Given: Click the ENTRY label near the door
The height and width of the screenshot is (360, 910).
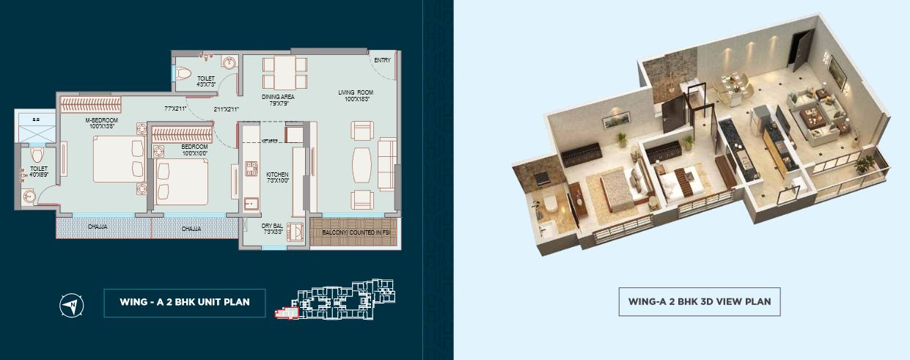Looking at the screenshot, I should [x=382, y=60].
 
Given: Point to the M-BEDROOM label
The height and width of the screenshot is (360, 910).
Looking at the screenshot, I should [x=101, y=120].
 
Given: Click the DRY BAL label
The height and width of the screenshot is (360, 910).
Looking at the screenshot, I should [x=273, y=226].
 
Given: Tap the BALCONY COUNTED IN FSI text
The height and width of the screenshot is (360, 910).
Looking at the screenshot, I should [x=354, y=232].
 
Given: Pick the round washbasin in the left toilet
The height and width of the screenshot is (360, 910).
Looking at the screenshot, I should [x=29, y=196].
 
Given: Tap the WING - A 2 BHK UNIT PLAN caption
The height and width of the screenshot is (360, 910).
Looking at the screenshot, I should [x=184, y=302].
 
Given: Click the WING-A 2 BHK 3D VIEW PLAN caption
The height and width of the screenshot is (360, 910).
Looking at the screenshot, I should [x=699, y=301].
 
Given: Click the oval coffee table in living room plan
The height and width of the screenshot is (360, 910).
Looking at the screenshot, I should [x=362, y=164].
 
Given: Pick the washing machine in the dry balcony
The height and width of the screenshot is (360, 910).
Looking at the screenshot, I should [x=298, y=232].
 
